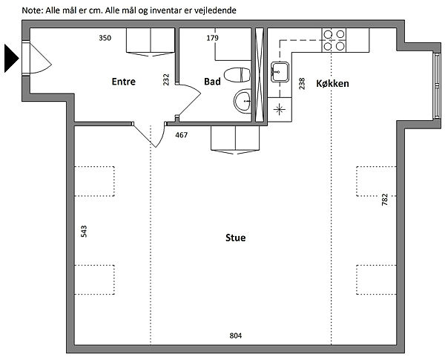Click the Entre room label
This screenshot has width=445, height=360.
[123, 82]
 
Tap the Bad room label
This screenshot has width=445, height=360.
[212, 82]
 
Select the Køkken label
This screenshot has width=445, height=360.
[332, 84]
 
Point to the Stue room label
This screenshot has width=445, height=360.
[236, 238]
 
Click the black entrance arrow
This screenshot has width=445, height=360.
[11, 58]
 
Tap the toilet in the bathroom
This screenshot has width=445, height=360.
[237, 75]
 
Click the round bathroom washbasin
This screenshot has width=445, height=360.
[243, 101]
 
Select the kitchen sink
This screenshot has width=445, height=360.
[280, 72]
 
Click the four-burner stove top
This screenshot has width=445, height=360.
[334, 40]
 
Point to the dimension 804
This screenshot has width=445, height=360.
[236, 336]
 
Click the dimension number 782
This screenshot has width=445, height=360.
[384, 200]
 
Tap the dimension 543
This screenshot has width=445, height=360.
[84, 232]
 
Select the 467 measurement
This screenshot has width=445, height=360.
[182, 135]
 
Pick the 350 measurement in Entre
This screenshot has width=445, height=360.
[105, 38]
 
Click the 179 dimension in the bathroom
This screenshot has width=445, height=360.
[212, 38]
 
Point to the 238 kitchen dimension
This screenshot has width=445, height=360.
[302, 84]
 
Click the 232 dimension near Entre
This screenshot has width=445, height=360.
[166, 79]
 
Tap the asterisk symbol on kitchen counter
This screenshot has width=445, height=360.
[280, 109]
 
